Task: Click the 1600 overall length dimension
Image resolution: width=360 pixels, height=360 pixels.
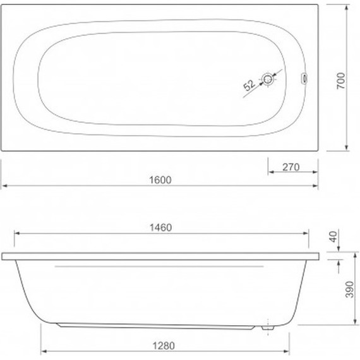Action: tap(162, 179)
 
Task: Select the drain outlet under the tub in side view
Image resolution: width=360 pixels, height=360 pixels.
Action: tap(267, 327)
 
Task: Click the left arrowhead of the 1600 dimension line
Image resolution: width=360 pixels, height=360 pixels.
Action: tap(4, 186)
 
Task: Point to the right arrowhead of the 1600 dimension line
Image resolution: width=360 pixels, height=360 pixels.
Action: tap(315, 186)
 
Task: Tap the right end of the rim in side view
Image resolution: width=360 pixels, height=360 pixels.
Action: tap(320, 256)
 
